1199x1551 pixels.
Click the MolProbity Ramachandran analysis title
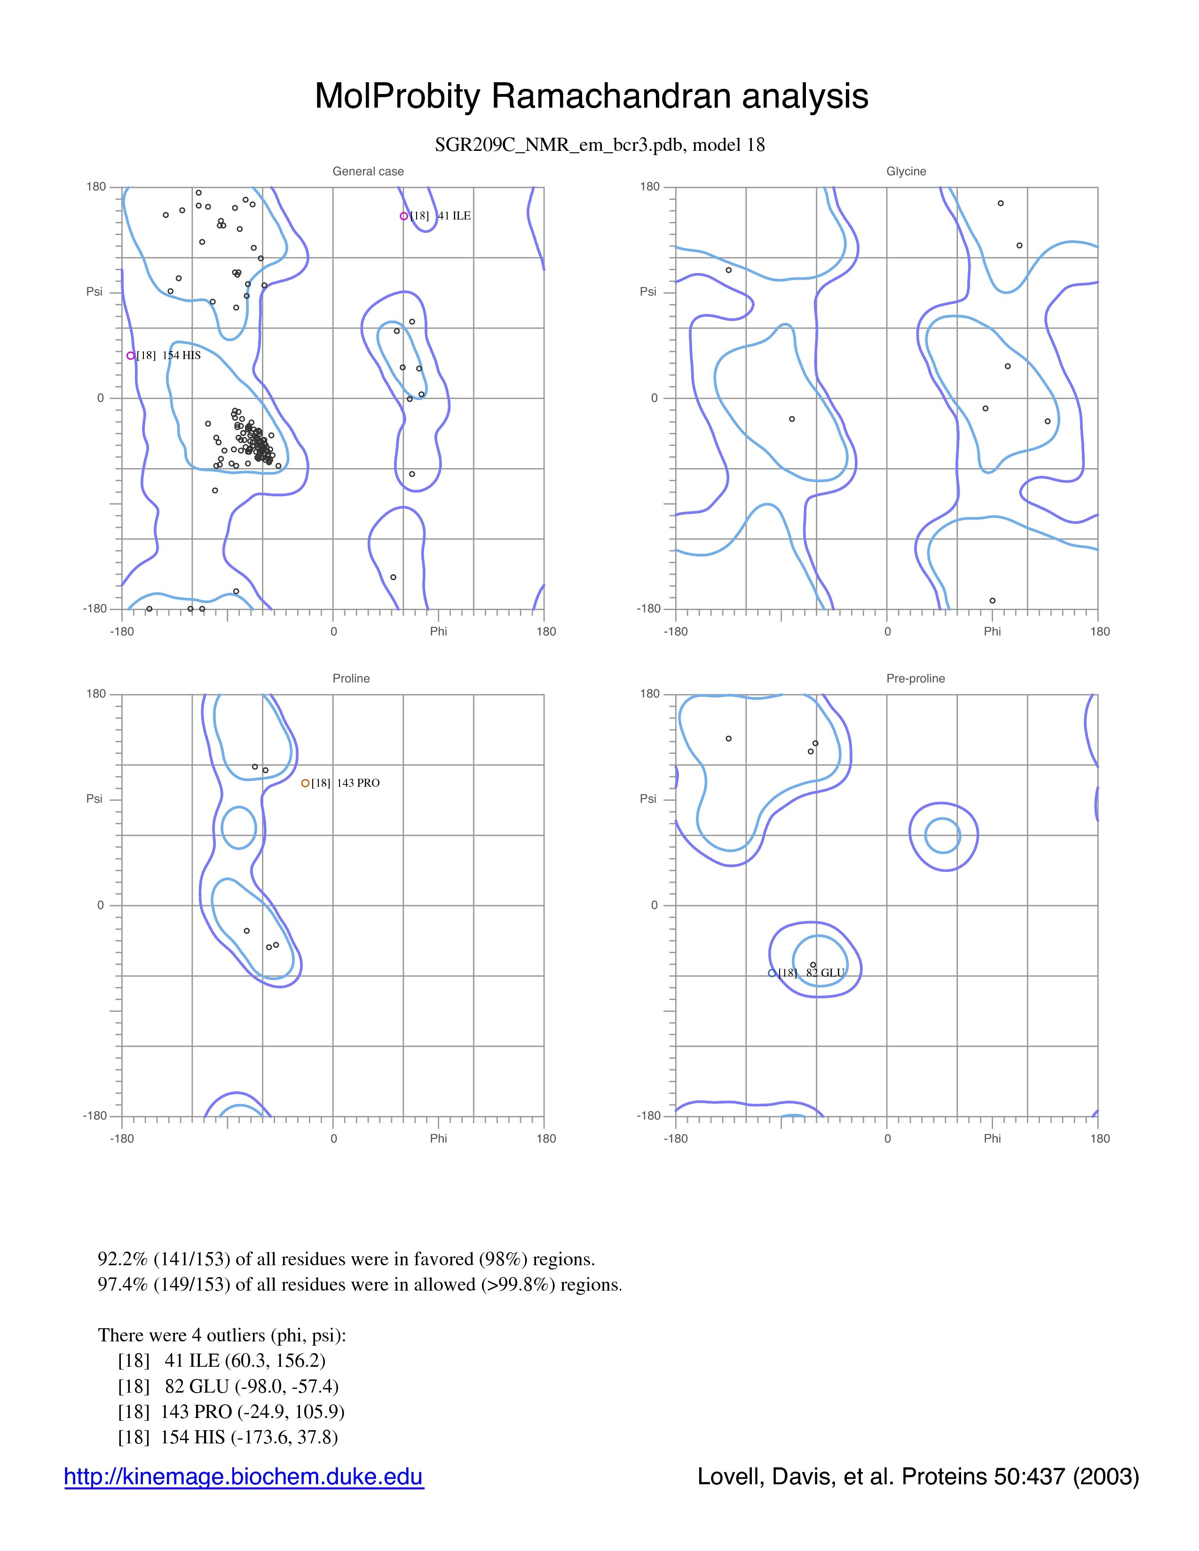591,96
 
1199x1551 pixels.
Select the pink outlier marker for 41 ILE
403,216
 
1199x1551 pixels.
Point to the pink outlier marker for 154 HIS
131,356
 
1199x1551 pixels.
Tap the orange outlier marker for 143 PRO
306,783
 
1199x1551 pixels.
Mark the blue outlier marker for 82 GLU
772,973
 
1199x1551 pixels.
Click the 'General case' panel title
368,171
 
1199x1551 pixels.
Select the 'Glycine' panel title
907,171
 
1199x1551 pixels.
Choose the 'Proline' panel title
351,678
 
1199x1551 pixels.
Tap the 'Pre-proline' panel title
915,678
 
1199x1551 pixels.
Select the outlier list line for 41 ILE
221,1360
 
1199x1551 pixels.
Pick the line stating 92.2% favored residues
346,1259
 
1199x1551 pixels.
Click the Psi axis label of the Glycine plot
648,292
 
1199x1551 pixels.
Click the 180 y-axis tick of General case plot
96,187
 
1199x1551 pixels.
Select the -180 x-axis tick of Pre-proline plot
676,1138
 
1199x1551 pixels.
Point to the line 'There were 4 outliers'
221,1335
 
